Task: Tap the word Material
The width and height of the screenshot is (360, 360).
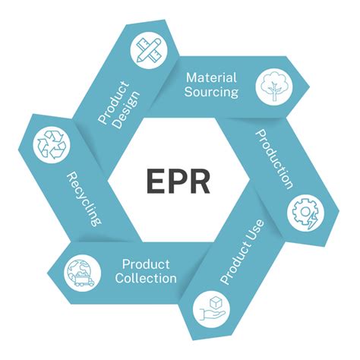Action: coord(212,77)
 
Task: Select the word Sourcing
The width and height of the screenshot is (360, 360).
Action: coord(212,92)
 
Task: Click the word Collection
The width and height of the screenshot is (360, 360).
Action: coord(146,278)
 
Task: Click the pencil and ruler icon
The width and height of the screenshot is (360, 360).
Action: coord(147,49)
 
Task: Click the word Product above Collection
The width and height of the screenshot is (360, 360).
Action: coord(146,264)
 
